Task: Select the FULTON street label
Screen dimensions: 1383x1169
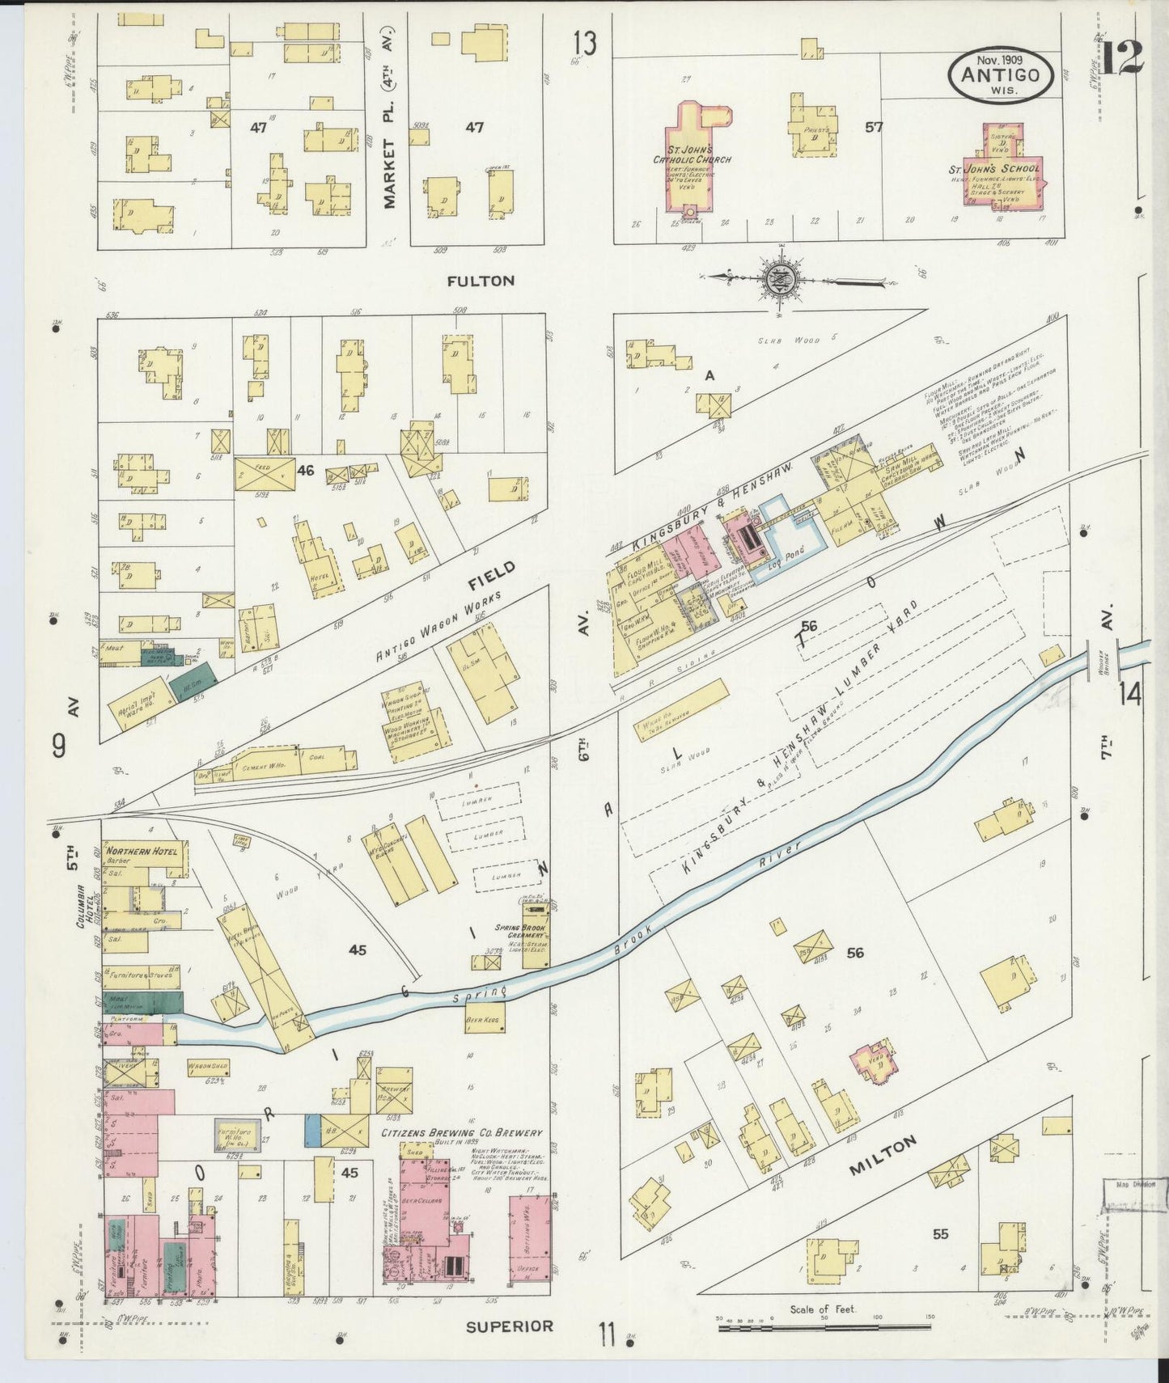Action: pos(481,281)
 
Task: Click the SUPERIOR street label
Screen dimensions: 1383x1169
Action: pos(510,1326)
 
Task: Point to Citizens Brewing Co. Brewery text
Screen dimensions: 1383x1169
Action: pos(461,1134)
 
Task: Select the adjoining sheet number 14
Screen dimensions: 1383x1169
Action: pos(1129,693)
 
